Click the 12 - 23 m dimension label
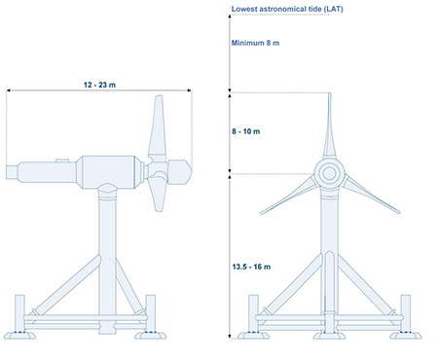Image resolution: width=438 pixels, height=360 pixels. [99, 85]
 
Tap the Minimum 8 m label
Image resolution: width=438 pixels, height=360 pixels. [255, 43]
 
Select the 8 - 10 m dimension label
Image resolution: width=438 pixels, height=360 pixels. [246, 131]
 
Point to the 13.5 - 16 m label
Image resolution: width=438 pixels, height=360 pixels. [251, 267]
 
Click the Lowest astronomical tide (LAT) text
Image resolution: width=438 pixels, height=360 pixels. [287, 9]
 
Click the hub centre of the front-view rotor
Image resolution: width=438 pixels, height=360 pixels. [329, 173]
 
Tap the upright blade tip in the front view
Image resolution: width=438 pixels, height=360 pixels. [330, 93]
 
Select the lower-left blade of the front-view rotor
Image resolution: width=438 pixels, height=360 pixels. [287, 195]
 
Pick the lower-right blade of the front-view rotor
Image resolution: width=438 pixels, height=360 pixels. [372, 194]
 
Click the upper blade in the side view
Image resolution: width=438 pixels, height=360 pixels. [158, 128]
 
